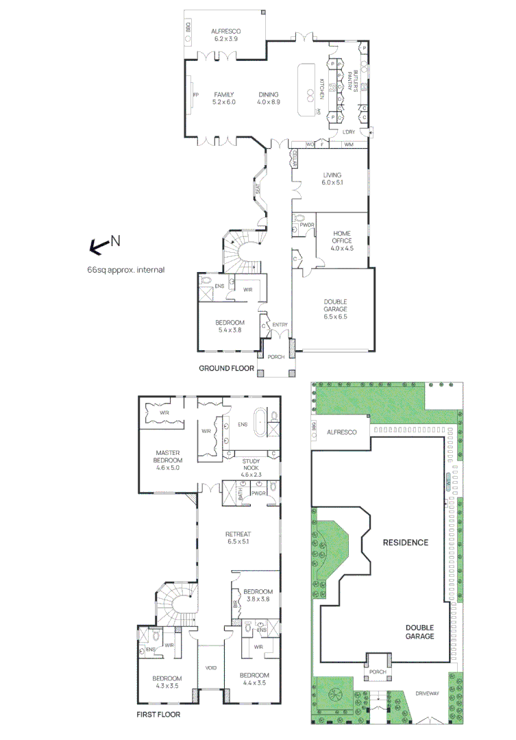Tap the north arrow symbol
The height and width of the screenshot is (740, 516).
coord(100,245)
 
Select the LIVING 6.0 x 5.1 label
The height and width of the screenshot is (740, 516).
coord(332,179)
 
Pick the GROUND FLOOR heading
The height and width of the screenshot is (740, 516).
coord(226,369)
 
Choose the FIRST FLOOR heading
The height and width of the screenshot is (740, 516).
coord(158,714)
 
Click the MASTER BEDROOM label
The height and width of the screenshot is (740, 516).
coord(167,460)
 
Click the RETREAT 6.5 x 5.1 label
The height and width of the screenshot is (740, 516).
coord(238,538)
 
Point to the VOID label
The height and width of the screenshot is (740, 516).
coord(211,667)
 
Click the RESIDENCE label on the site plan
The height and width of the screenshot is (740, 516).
coord(406,543)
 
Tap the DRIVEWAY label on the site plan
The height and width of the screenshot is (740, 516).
coord(426,693)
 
